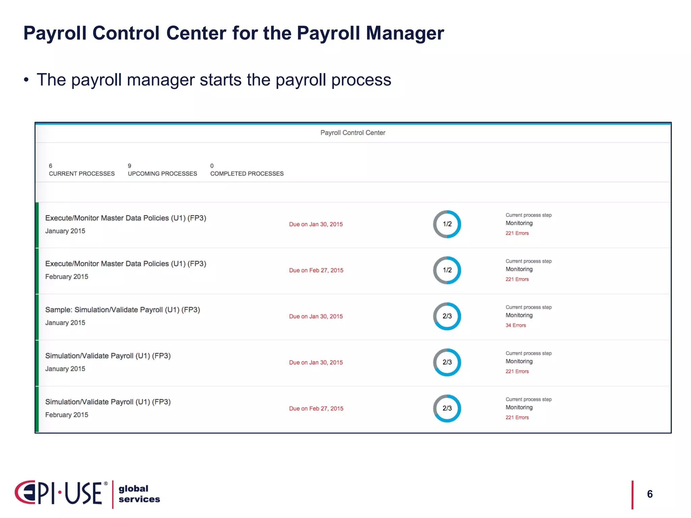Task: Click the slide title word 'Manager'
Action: tap(405, 33)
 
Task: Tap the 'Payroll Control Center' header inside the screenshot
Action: tap(353, 133)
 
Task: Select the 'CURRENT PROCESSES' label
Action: tap(82, 174)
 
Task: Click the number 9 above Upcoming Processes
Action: tap(130, 166)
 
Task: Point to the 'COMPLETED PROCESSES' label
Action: tap(247, 174)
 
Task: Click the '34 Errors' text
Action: tap(516, 325)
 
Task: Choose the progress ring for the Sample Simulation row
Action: tap(447, 316)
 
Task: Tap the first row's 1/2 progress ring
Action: tap(447, 224)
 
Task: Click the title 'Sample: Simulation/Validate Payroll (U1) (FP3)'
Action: tap(122, 310)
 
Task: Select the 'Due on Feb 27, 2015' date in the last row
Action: tap(316, 408)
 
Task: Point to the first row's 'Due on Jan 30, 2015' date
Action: tap(316, 224)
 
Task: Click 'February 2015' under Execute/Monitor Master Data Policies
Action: tap(67, 277)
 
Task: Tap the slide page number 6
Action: tap(650, 494)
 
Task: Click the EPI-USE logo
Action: tap(61, 493)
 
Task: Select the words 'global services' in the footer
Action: tap(139, 494)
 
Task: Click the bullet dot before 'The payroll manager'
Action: tap(26, 80)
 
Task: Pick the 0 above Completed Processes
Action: tap(212, 166)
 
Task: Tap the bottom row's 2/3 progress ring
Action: tap(447, 408)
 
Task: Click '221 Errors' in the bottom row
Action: tap(517, 418)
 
